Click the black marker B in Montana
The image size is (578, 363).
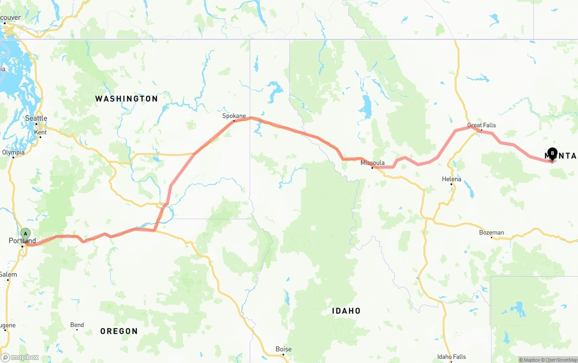pos(552,153)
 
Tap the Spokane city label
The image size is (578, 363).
pos(234,116)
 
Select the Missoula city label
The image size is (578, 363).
pos(373,163)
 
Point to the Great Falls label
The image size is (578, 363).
pos(481,125)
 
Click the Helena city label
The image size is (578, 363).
pos(452,179)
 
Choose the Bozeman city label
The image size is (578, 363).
pos(491,232)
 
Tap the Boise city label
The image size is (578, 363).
pos(284,349)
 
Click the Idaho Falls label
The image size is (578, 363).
pos(452,357)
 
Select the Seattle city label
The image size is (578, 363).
pos(36,118)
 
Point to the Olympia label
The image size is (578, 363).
pos(14,152)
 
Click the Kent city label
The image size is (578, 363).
pos(40,132)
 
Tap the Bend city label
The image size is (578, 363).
pos(77,325)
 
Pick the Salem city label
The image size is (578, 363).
pos(8,274)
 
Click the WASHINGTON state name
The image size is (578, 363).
pos(126,99)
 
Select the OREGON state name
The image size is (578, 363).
pos(119,331)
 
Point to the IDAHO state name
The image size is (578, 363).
pos(346,311)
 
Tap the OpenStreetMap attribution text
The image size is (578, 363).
pos(560,360)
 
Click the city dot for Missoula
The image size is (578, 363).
pos(372,168)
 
